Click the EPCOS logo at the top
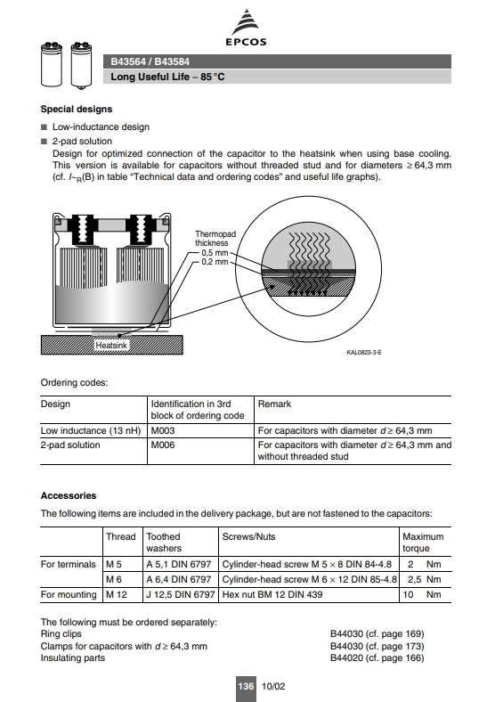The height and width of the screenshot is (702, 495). (246, 28)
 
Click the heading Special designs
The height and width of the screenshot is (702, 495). (77, 110)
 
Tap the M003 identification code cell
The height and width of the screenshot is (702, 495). (163, 430)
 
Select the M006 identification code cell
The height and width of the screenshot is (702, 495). (163, 445)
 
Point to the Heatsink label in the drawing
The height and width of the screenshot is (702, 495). (111, 345)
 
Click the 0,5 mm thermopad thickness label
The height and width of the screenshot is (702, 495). (215, 253)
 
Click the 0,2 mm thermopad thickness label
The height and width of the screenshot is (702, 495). (215, 262)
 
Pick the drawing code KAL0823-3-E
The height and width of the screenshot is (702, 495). (364, 353)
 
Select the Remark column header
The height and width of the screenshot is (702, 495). (274, 404)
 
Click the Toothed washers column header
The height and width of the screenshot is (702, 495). (164, 543)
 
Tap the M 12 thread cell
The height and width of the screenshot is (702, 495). (117, 594)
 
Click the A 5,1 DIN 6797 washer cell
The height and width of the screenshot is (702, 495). (179, 564)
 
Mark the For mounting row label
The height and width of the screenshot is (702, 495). (69, 594)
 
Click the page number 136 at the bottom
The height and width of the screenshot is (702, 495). (246, 686)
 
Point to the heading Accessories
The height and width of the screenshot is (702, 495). (69, 495)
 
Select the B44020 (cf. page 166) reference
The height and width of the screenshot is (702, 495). (377, 657)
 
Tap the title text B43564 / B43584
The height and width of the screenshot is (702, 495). (150, 61)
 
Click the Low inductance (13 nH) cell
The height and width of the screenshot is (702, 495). (91, 430)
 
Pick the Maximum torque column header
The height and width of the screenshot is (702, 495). (423, 543)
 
